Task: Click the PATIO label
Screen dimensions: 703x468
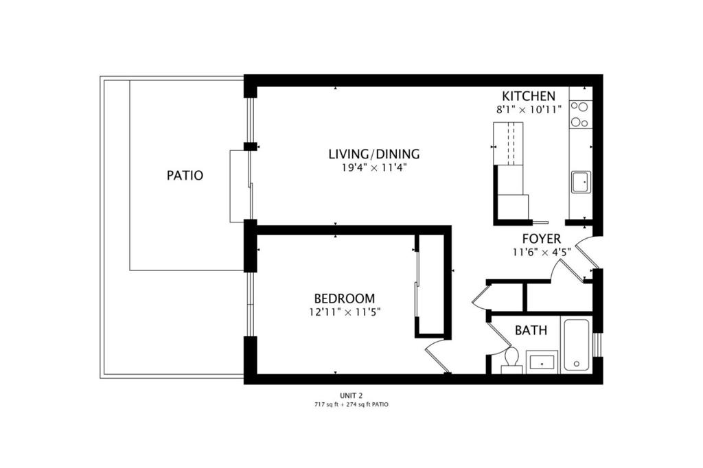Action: coord(185,175)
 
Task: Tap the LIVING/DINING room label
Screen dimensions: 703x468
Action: coord(374,154)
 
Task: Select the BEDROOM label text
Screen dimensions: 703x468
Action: coord(345,299)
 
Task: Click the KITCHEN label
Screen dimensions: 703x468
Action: coord(529,96)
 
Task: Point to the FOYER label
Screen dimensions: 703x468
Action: coord(541,239)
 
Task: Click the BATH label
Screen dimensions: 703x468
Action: coord(531,330)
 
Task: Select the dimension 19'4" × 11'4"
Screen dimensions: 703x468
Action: coord(374,168)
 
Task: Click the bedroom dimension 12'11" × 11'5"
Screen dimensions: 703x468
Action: coord(345,312)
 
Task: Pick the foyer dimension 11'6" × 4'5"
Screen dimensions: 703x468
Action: coord(542,253)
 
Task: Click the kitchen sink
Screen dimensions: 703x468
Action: coord(581,182)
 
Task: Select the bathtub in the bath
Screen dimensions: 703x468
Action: coord(576,344)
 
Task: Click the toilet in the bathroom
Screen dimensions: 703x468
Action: coord(511,361)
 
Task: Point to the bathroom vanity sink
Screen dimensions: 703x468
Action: coord(542,362)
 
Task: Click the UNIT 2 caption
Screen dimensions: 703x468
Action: coord(351,395)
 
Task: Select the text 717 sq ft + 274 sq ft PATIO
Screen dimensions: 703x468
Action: coord(351,404)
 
